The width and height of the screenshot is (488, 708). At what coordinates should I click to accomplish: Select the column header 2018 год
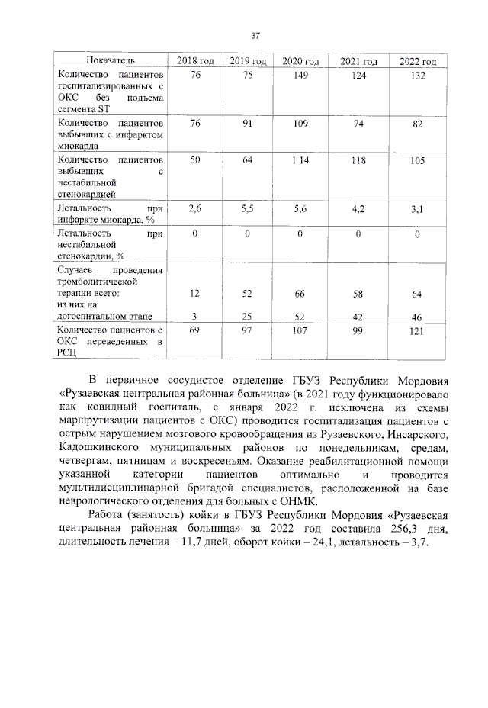[x=195, y=61]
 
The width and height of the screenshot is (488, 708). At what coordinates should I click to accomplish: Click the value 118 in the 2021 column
[x=357, y=161]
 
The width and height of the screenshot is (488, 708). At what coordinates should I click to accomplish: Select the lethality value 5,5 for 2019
[x=247, y=208]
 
